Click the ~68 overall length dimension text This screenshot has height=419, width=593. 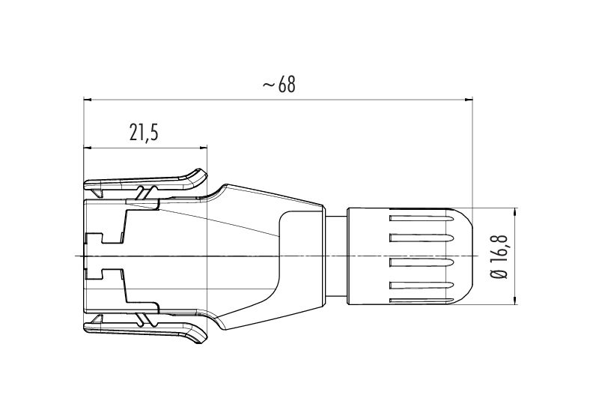[x=279, y=85]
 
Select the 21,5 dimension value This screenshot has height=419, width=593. [x=144, y=133]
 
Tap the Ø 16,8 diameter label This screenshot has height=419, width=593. [x=499, y=257]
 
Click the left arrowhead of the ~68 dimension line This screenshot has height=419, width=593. [x=88, y=100]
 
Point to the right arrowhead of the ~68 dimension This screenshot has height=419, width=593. [x=469, y=100]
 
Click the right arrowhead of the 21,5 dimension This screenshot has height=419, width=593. [x=204, y=148]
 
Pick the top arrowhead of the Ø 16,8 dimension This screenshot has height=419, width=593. [x=516, y=212]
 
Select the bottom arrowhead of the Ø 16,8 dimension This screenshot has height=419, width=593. [x=516, y=300]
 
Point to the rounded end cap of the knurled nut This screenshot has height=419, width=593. [x=462, y=256]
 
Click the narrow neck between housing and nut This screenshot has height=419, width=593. [x=336, y=256]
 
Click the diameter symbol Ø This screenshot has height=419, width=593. [x=499, y=274]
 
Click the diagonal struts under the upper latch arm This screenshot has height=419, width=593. [x=148, y=193]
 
